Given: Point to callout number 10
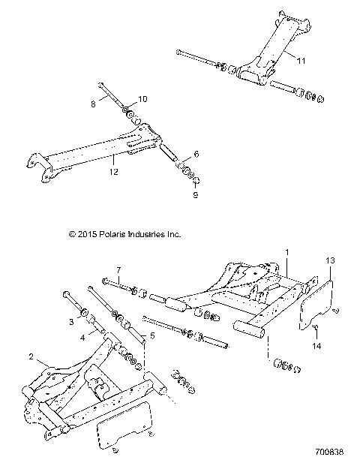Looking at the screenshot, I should [142, 99].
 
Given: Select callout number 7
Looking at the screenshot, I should [117, 269].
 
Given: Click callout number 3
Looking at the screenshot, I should [70, 320].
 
